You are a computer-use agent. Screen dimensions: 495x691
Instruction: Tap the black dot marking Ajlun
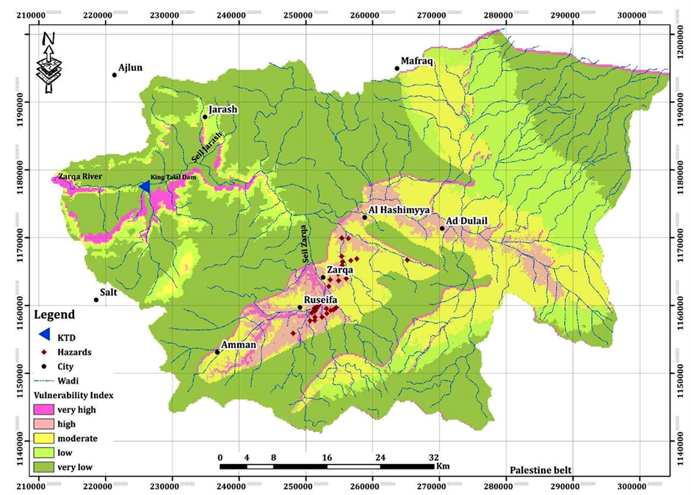pos(115,75)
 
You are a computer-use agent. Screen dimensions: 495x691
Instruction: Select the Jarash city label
pos(223,109)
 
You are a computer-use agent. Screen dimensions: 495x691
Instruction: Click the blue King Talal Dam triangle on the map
pos(145,187)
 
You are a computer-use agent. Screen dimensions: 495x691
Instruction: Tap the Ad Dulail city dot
pos(442,228)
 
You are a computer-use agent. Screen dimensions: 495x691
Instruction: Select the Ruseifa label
pos(322,300)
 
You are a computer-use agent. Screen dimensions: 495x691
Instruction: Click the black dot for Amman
pos(217,352)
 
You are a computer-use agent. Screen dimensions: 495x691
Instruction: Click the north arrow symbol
pos(49,62)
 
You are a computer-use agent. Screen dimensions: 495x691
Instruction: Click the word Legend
pos(54,315)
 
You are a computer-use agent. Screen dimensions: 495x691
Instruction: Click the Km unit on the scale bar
pos(442,466)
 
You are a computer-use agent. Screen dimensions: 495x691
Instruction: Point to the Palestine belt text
pos(540,470)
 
